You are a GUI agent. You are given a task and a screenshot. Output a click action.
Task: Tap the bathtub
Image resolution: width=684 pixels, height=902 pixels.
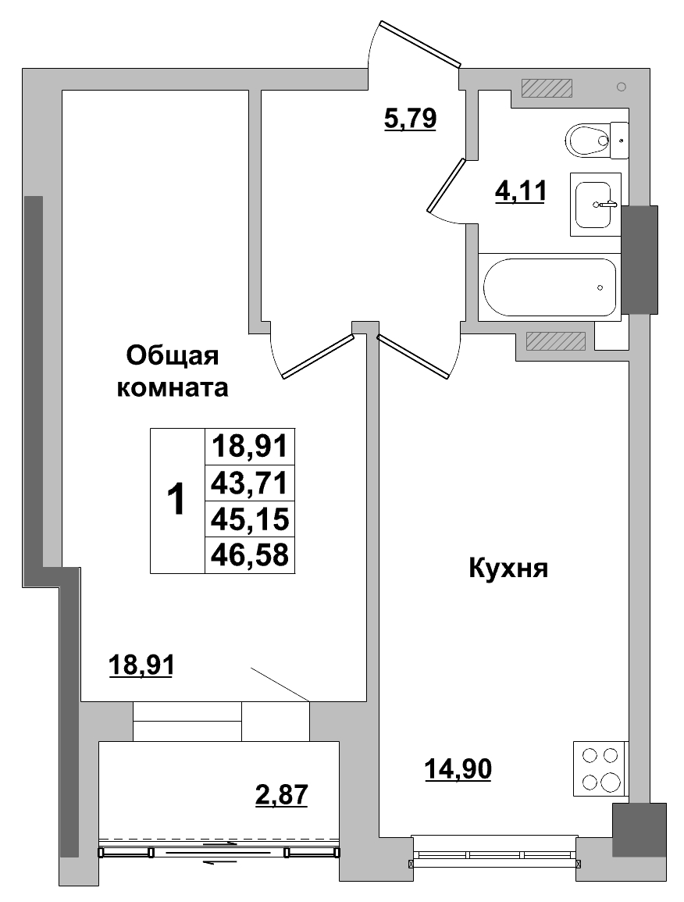click(x=550, y=287)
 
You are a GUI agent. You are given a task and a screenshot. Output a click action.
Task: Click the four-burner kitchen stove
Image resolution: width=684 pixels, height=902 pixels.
click(x=600, y=768)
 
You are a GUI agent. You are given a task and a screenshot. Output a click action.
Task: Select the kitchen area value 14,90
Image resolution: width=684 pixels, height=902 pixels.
click(x=458, y=770)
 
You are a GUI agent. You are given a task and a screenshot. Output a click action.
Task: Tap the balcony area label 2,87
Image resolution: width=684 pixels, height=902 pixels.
click(x=282, y=795)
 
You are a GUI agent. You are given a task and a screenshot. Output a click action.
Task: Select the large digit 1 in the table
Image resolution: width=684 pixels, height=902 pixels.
click(x=177, y=501)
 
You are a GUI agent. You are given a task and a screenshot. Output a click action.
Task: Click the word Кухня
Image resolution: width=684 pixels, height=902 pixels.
click(x=508, y=569)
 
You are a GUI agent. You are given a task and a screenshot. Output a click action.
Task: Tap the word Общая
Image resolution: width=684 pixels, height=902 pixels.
click(x=173, y=355)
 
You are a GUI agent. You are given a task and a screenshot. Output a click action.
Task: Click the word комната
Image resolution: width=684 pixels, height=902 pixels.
click(x=173, y=388)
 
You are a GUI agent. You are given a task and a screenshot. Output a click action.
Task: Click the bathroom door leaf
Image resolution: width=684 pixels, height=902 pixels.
click(x=447, y=184)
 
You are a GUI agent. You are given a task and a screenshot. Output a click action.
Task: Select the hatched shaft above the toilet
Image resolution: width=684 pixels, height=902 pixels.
click(x=547, y=88)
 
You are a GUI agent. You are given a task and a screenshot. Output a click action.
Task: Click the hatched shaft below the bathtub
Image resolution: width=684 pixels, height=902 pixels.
click(x=556, y=340)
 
